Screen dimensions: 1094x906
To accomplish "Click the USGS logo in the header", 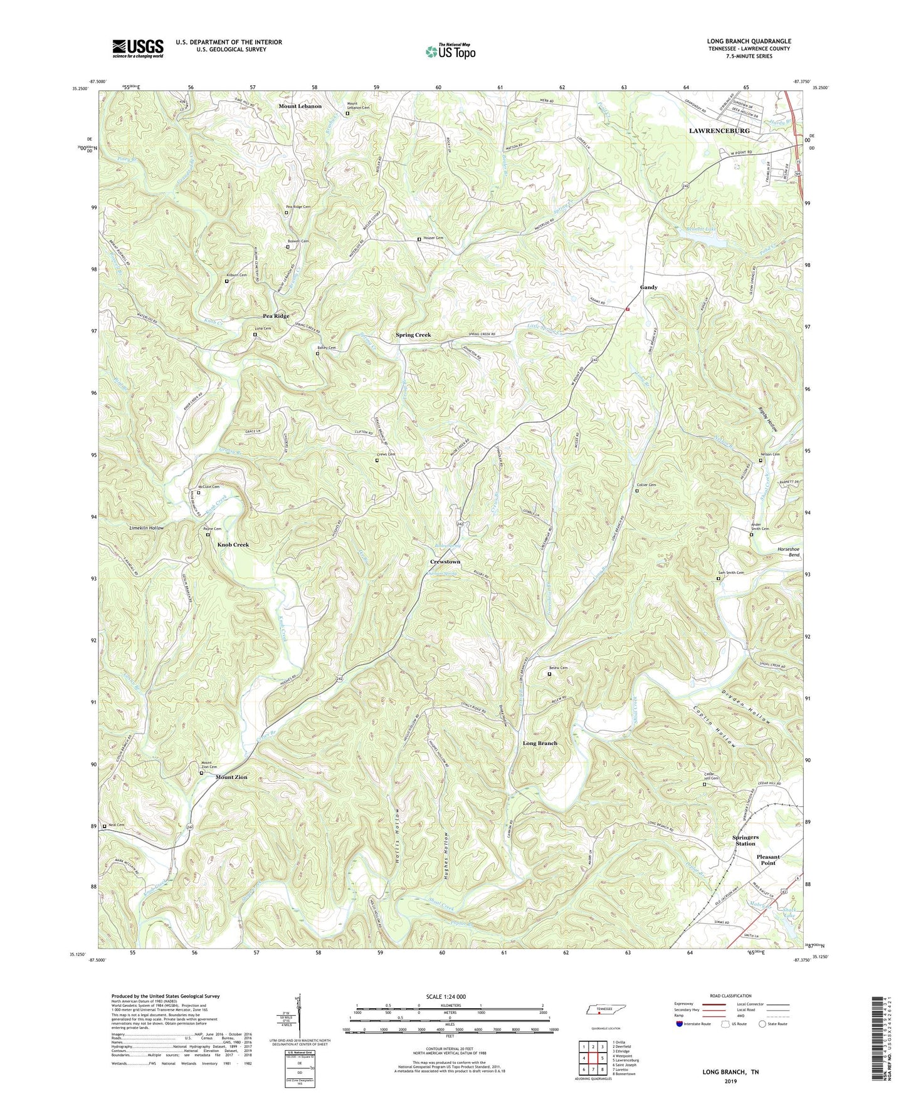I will [137, 48].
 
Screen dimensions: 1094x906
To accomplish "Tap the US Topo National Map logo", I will [450, 51].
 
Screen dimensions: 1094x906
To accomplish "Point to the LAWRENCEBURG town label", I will [719, 131].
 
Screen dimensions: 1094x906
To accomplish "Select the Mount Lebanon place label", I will [300, 107].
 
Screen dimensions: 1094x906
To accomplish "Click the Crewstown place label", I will [445, 561].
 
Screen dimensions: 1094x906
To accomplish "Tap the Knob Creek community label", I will [233, 544].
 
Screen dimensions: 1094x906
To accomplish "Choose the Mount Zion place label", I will [231, 777].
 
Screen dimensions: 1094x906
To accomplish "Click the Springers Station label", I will [745, 840].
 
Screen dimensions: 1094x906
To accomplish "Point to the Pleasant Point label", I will [767, 860].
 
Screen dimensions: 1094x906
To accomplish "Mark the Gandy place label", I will [648, 287].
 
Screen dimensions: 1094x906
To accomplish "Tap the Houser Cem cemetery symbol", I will [419, 239].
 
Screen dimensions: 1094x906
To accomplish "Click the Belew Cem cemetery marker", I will [549, 674].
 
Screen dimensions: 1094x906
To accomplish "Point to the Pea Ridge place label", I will [276, 316].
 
